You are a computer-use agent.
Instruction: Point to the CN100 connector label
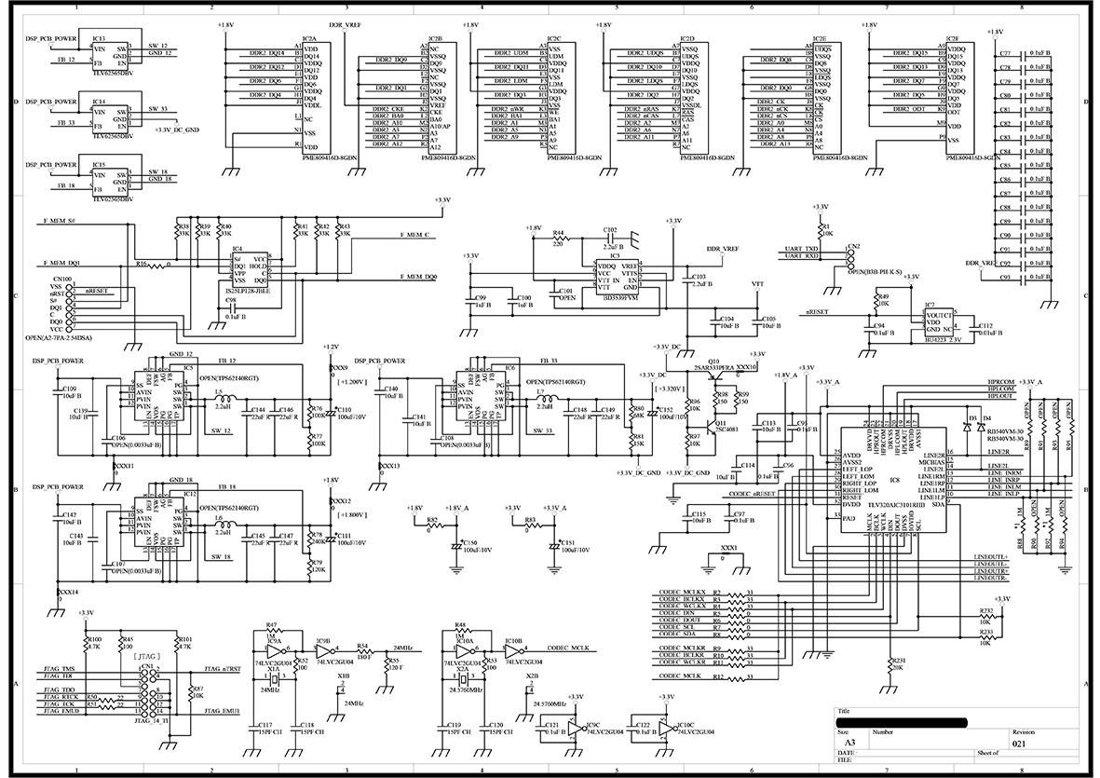[x=63, y=279]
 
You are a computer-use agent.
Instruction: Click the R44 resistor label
[x=559, y=232]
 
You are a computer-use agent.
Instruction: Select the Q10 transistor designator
[x=713, y=361]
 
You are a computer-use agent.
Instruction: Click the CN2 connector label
[x=853, y=246]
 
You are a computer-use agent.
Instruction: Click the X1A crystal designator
[x=273, y=669]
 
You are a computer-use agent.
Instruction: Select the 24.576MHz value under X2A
[x=462, y=690]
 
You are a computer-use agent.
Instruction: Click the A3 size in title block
[x=844, y=744]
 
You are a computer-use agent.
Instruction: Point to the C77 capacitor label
[x=1005, y=54]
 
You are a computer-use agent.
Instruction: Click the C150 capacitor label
[x=469, y=542]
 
